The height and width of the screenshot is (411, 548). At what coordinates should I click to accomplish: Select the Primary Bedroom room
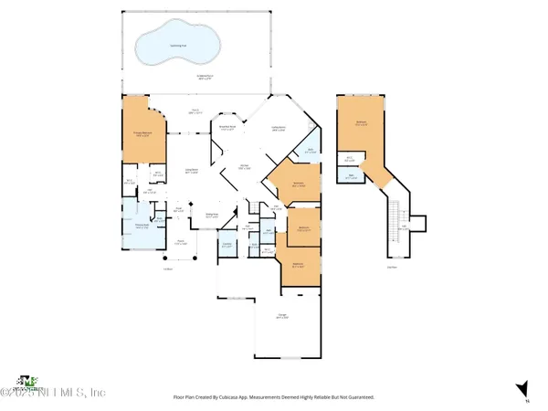point(141,136)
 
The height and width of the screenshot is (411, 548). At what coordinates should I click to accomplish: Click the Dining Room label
point(212,216)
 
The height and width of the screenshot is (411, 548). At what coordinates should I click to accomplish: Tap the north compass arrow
point(522,389)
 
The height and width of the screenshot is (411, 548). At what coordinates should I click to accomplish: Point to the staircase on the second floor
point(395,219)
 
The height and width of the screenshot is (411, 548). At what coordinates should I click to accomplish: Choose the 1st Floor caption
point(168,269)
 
